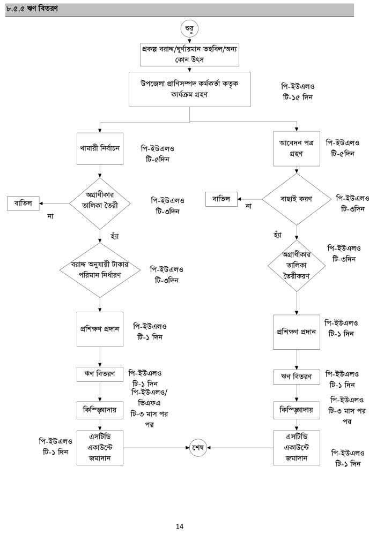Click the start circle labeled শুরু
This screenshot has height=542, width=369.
pos(190,27)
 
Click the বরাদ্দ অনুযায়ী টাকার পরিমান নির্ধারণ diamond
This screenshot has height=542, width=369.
pos(100,270)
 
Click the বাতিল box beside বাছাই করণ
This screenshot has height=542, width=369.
pos(221,199)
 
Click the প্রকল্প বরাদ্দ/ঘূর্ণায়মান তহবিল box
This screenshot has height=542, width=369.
pos(190,54)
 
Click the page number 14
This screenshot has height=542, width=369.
pos(180,526)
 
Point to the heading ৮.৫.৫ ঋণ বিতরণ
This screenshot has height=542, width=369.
pos(32,9)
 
